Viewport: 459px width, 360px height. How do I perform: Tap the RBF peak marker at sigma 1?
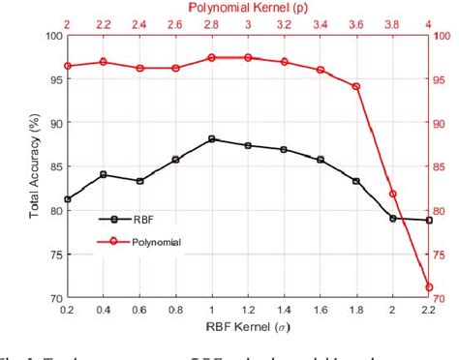click(x=212, y=139)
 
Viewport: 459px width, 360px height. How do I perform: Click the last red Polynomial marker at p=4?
click(x=429, y=286)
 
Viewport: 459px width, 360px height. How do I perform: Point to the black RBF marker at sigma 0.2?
click(x=67, y=199)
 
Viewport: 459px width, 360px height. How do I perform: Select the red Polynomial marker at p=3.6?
click(x=356, y=86)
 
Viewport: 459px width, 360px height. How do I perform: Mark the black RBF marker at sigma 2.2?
click(x=429, y=221)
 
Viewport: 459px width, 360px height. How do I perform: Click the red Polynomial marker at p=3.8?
click(x=393, y=194)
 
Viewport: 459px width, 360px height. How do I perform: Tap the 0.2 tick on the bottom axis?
click(x=67, y=310)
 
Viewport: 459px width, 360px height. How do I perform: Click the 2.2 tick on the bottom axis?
click(x=429, y=310)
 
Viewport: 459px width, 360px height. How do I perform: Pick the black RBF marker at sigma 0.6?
click(x=139, y=181)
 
